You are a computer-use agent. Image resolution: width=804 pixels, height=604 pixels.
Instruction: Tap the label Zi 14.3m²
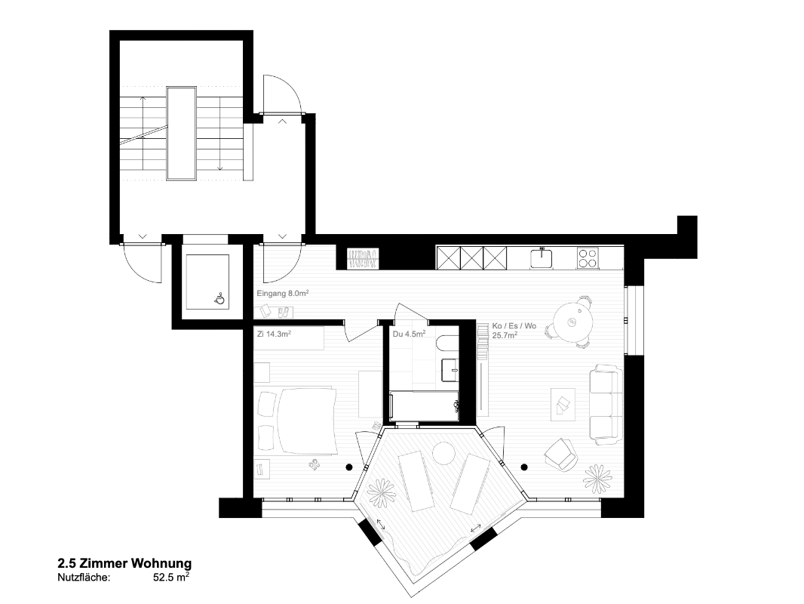point(274,333)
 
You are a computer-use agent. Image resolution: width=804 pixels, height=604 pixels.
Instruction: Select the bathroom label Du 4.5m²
point(409,333)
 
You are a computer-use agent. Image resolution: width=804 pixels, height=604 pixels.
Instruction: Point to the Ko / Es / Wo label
point(514,331)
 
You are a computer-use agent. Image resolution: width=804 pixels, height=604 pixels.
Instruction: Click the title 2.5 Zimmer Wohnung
point(124,564)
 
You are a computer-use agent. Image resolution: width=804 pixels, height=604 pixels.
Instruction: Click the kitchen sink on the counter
point(542,258)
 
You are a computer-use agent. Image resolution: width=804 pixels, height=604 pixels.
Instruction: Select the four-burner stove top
point(589,258)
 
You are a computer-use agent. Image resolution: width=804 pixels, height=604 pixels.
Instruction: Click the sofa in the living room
point(606,403)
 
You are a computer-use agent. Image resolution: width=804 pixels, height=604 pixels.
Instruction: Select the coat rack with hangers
point(362,257)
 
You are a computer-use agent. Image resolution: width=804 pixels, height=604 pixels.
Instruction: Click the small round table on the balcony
point(442,454)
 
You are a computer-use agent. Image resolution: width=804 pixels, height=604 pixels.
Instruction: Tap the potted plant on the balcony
point(381,495)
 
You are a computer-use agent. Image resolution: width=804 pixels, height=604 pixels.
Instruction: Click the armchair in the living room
point(558,453)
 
